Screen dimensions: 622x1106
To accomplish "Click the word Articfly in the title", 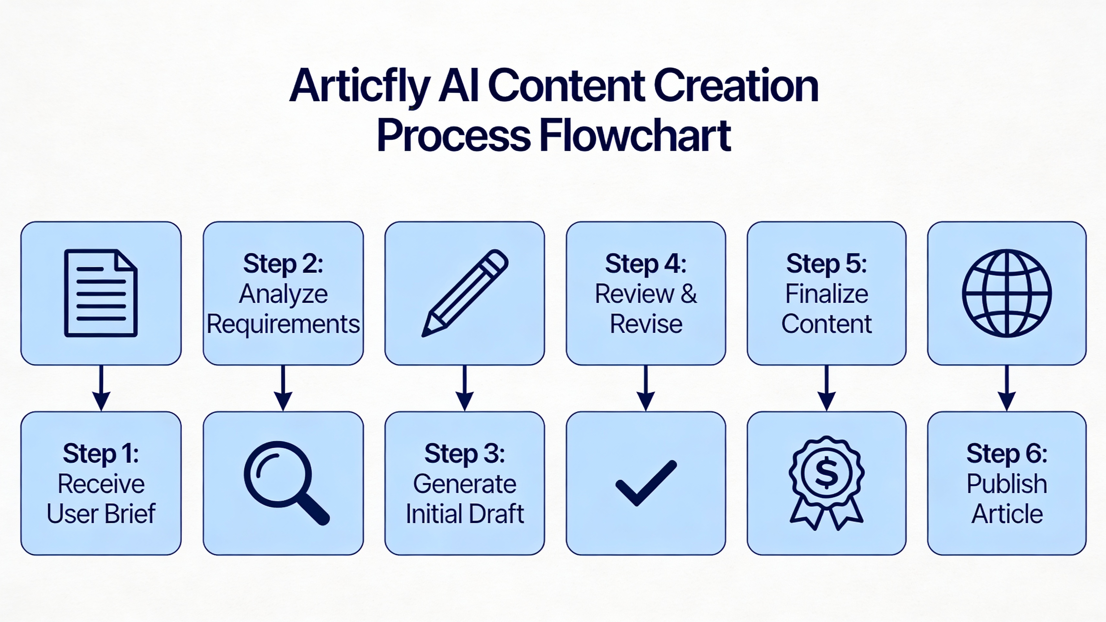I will tap(360, 86).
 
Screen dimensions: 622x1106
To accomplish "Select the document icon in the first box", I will tap(101, 293).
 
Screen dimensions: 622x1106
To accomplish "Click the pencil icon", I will tap(465, 293).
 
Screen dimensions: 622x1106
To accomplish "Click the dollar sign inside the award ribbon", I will tap(827, 473).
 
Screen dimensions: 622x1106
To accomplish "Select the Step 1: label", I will tap(101, 453).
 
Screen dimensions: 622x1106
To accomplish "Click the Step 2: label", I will tap(283, 263).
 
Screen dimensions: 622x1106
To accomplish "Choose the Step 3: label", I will tap(465, 453).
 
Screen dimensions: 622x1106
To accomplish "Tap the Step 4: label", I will tap(646, 263).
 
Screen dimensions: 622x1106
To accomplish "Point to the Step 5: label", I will tap(827, 263).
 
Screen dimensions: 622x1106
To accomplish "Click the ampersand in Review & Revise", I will tap(688, 294).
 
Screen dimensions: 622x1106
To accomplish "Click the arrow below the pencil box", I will tap(465, 388).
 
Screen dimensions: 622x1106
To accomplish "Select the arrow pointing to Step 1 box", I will tap(101, 388).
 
